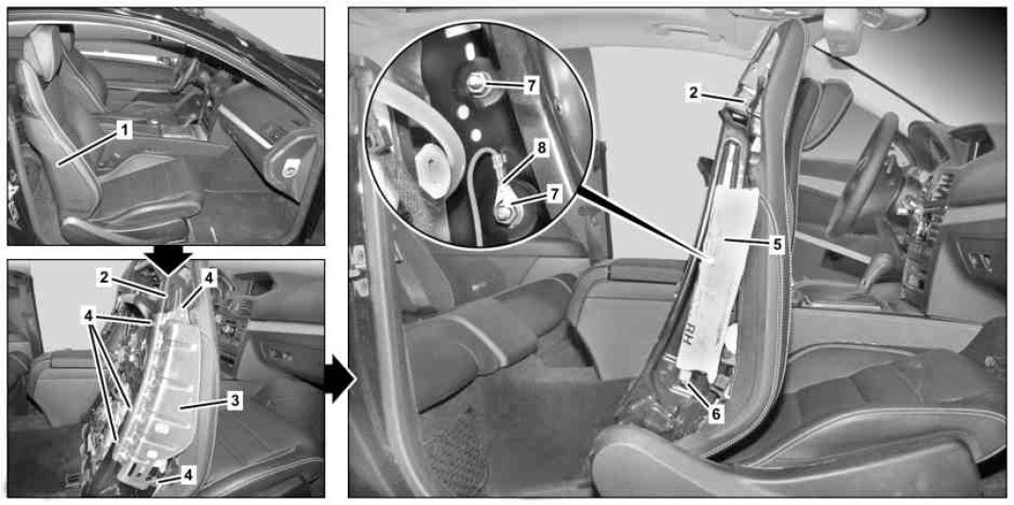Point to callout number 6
click(x=715, y=414)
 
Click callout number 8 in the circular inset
click(x=541, y=148)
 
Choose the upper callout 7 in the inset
click(x=531, y=87)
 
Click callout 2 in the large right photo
click(x=694, y=92)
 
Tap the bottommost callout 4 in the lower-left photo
click(x=188, y=475)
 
